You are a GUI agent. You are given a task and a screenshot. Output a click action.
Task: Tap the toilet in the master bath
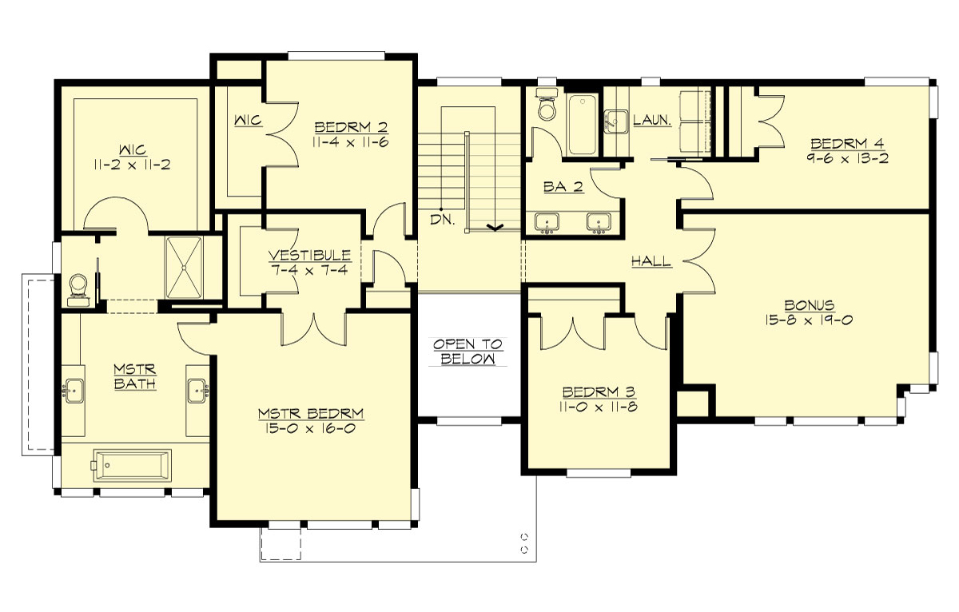click(x=78, y=288)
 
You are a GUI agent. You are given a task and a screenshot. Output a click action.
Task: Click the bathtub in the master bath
click(x=131, y=464)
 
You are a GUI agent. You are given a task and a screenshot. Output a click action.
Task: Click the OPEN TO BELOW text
click(x=468, y=352)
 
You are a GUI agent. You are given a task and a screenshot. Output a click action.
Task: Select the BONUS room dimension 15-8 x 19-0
click(x=810, y=320)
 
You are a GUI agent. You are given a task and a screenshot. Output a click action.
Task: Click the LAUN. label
click(x=651, y=120)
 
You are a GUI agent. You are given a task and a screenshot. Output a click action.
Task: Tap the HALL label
click(x=650, y=261)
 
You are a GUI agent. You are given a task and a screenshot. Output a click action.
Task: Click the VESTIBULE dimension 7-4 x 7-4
click(x=308, y=270)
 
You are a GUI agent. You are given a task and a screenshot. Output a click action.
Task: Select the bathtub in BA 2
click(x=580, y=125)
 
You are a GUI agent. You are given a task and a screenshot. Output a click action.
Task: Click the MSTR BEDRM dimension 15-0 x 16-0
click(x=311, y=428)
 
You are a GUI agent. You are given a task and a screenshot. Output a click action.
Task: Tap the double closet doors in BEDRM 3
click(x=573, y=334)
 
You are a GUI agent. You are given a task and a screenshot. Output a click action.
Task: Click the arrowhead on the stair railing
click(x=494, y=228)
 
